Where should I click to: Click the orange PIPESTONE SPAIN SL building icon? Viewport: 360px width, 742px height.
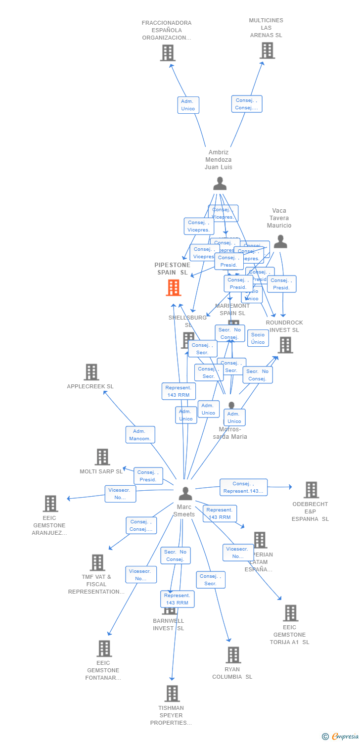pos(174,287)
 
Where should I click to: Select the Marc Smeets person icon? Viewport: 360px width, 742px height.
pos(185,493)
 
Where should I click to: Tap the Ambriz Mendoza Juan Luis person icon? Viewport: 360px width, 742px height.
pos(220,184)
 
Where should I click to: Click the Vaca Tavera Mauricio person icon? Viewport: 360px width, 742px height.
pos(280,241)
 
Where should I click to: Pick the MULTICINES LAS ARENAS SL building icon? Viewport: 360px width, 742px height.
pos(267,50)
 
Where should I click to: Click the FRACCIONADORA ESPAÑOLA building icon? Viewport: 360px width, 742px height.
pos(168,53)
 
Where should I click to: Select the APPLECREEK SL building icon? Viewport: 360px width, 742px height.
pos(91,372)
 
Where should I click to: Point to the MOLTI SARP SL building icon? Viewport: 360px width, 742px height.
pos(102,457)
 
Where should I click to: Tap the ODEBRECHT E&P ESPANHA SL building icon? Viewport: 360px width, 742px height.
pos(311,490)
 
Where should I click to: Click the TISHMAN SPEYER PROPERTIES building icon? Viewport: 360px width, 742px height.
pos(172,694)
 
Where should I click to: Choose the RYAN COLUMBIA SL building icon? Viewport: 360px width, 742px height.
pos(233,655)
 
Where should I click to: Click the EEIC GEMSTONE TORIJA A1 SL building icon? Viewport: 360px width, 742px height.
pos(290,613)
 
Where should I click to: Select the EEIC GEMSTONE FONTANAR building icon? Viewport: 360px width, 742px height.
pos(104,649)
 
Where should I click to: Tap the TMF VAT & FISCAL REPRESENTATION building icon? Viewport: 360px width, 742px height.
pos(97,562)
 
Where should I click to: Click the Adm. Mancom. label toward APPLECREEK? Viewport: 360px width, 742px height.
pos(140,435)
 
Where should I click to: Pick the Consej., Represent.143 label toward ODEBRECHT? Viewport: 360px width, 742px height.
pos(243,487)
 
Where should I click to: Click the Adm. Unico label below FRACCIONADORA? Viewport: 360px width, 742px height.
pos(188,105)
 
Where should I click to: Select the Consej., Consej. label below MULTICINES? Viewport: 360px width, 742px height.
pos(246,104)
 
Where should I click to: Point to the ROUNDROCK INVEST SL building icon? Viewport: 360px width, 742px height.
pos(285,345)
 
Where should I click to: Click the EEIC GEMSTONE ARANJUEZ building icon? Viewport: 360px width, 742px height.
pos(50,504)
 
